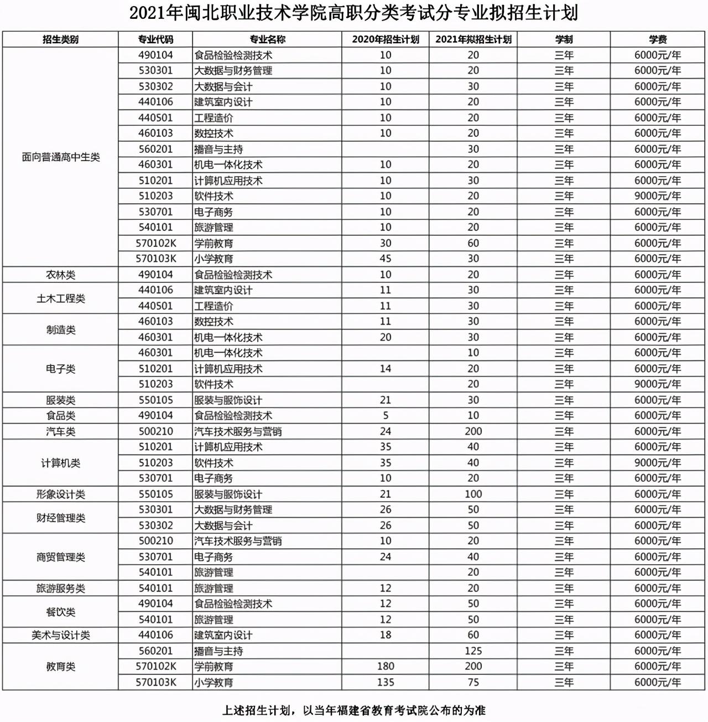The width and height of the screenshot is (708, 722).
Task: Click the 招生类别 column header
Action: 60,39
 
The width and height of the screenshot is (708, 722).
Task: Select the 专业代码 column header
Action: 155,39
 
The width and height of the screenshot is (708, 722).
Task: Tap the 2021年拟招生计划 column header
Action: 473,39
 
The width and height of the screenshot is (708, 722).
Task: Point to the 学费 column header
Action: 658,39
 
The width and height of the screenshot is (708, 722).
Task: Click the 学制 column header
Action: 564,39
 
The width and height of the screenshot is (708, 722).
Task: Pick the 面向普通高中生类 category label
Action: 60,157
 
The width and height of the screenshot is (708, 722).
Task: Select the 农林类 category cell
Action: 60,275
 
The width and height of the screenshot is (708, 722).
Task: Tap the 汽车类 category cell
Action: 60,431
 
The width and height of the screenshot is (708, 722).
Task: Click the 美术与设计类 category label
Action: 60,635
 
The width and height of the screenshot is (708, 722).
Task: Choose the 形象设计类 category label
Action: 60,494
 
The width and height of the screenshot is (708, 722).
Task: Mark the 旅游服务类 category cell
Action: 60,588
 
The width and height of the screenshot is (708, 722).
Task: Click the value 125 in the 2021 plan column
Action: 473,651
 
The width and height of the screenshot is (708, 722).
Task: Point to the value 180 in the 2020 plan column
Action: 386,666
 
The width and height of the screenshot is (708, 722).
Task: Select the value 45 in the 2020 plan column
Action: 386,259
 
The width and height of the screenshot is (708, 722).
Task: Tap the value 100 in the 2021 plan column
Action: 473,494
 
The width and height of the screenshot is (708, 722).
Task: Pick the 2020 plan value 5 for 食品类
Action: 386,415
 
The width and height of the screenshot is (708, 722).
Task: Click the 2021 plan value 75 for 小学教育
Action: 473,682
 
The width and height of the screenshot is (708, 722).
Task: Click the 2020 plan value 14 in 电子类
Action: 386,368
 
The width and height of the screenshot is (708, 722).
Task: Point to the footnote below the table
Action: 354,710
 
